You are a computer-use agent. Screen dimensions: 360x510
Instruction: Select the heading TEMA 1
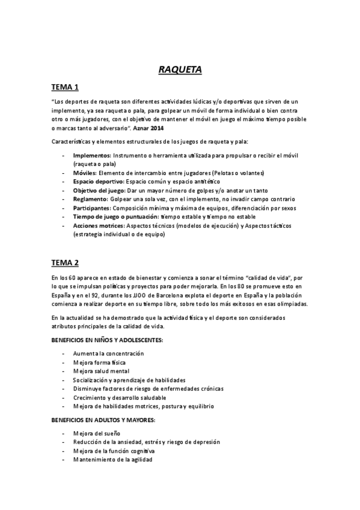tap(65, 88)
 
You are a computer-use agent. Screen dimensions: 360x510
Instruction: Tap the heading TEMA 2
tap(65, 262)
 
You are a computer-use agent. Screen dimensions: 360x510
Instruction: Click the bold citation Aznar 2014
tap(149, 128)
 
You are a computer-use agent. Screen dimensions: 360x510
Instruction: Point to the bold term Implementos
tap(93, 155)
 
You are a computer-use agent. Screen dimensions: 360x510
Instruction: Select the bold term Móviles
tap(86, 173)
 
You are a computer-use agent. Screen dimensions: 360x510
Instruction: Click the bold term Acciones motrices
tap(99, 226)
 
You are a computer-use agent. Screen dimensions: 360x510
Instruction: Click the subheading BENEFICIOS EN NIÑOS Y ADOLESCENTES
tap(106, 340)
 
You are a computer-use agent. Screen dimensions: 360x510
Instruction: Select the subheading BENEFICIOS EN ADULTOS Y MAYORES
tap(103, 419)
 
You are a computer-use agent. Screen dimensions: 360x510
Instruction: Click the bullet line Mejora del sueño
tap(97, 433)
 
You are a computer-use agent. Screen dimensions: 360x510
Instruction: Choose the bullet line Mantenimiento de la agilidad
tap(112, 459)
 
